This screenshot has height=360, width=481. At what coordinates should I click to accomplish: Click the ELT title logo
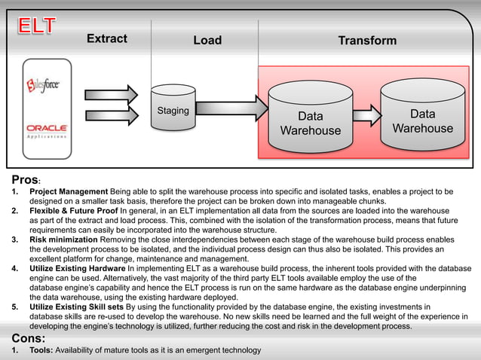pyautogui.click(x=37, y=26)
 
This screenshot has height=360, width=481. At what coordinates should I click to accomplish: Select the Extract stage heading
pyautogui.click(x=106, y=38)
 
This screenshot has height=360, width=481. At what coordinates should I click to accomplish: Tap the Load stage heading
pyautogui.click(x=207, y=40)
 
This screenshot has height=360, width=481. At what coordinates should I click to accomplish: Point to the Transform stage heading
pyautogui.click(x=367, y=40)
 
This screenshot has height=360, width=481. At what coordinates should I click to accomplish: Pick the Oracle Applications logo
pyautogui.click(x=47, y=131)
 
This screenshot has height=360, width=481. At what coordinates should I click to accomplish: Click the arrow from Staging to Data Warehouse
pyautogui.click(x=230, y=110)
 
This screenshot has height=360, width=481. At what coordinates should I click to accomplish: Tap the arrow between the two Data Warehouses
pyautogui.click(x=366, y=115)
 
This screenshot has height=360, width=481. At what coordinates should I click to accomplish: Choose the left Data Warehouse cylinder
pyautogui.click(x=310, y=117)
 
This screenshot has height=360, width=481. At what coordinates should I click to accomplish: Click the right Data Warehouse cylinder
pyautogui.click(x=422, y=114)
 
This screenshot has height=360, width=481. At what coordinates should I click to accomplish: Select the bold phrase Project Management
pyautogui.click(x=69, y=192)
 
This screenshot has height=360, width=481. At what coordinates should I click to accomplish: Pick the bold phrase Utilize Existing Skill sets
pyautogui.click(x=77, y=307)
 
